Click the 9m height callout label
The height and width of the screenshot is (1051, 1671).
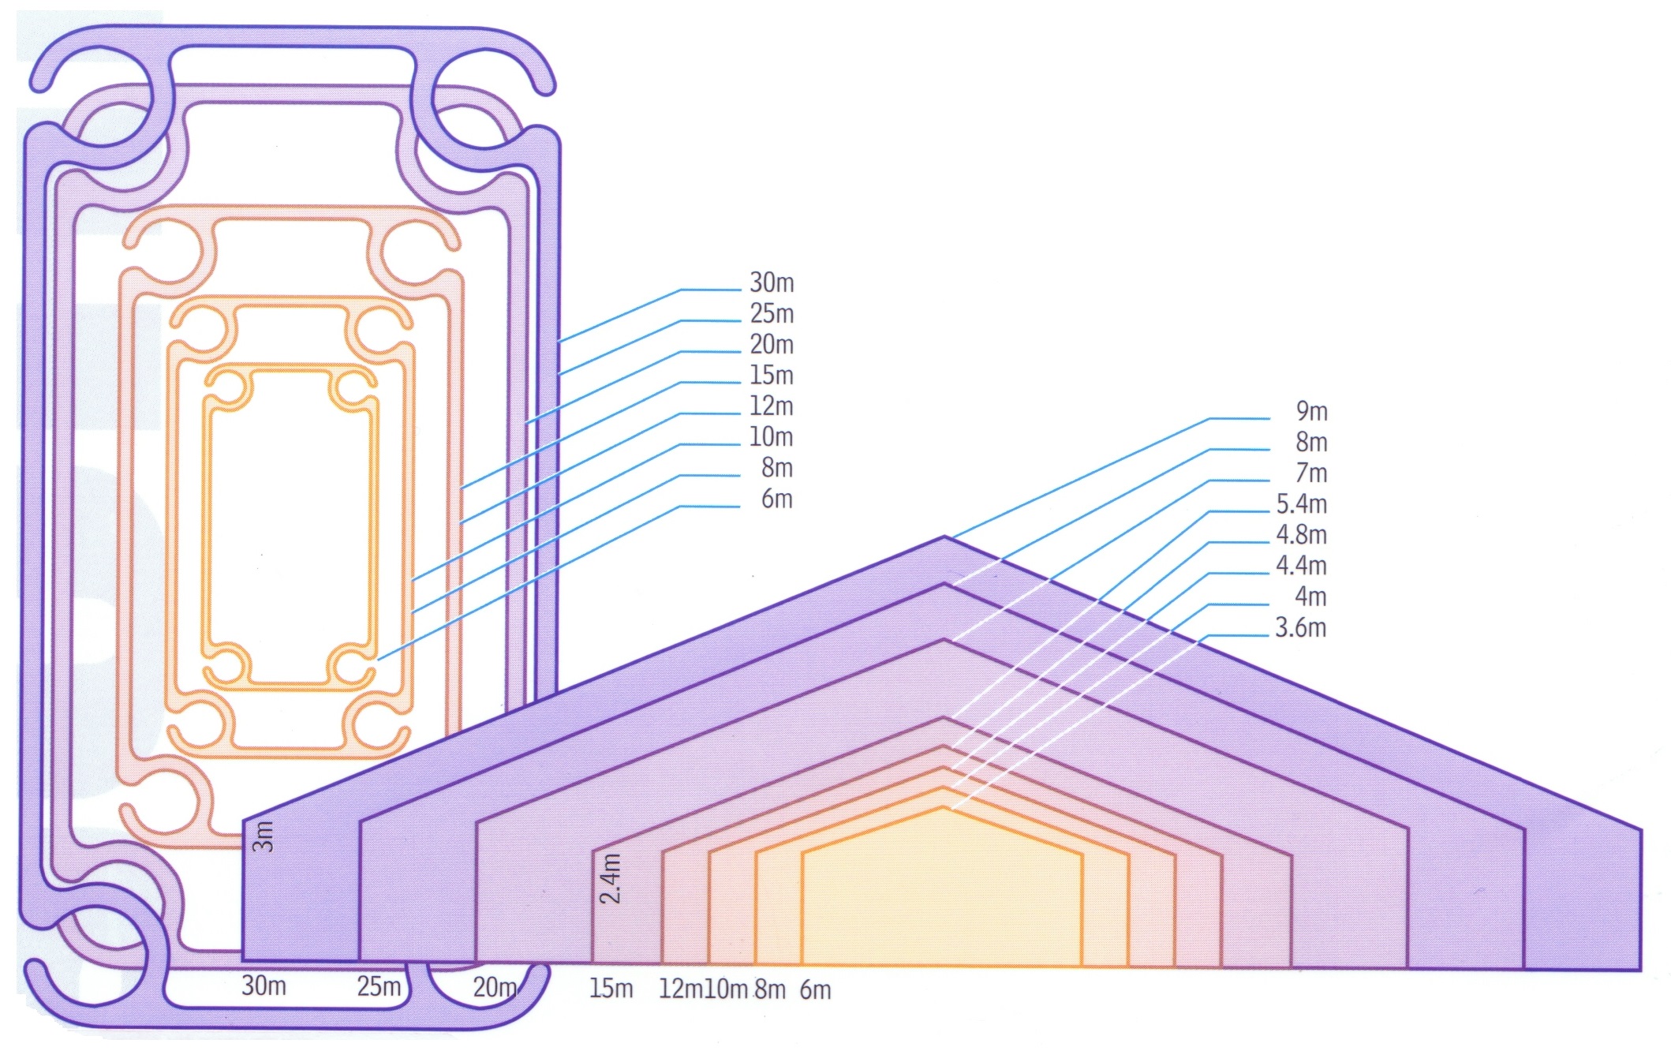tap(1311, 411)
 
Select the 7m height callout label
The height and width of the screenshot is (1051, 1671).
tap(1311, 473)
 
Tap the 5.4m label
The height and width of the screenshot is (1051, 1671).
tap(1302, 503)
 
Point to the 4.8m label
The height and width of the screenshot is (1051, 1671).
tap(1302, 534)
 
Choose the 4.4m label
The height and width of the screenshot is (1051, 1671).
tap(1302, 565)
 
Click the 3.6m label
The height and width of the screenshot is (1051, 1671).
tap(1301, 627)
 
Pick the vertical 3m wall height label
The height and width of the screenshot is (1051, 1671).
tap(263, 836)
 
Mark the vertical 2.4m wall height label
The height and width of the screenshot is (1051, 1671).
tap(610, 878)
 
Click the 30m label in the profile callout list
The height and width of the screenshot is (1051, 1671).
tap(772, 282)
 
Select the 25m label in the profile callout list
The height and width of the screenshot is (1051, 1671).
tap(772, 313)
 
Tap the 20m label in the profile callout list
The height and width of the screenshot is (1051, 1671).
tap(772, 344)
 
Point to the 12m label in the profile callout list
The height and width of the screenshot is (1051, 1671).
tap(772, 406)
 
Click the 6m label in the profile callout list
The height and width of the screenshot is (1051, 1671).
tap(777, 499)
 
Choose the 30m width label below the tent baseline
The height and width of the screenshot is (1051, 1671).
tap(264, 986)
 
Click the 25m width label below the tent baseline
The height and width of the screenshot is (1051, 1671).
tap(379, 986)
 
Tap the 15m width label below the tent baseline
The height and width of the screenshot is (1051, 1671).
tap(611, 988)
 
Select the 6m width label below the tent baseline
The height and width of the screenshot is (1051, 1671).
tap(816, 989)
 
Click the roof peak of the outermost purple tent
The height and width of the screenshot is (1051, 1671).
tap(944, 537)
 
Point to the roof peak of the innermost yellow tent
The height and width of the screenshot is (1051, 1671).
tap(943, 807)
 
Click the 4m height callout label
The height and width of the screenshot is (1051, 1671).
tap(1310, 596)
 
